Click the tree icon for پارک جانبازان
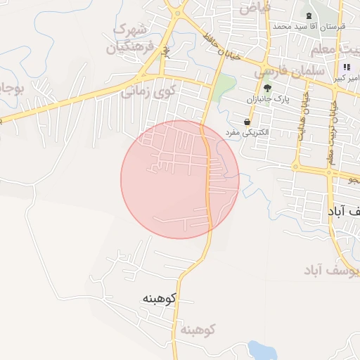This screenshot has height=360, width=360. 267,88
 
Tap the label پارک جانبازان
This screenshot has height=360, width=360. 267,100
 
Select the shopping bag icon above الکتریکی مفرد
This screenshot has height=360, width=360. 245,122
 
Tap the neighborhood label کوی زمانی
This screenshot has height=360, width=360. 147,91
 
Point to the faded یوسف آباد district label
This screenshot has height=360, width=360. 330,270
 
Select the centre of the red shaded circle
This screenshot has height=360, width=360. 180,179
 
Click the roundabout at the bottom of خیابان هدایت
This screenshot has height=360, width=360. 296,167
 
